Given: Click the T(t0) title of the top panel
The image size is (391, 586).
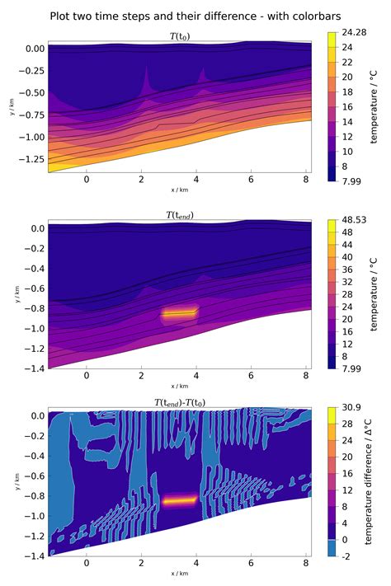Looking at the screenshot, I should click(179, 36).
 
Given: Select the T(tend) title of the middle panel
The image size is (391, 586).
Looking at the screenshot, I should click(179, 215).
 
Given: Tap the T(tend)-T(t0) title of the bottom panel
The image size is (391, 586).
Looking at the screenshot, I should click(179, 401).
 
